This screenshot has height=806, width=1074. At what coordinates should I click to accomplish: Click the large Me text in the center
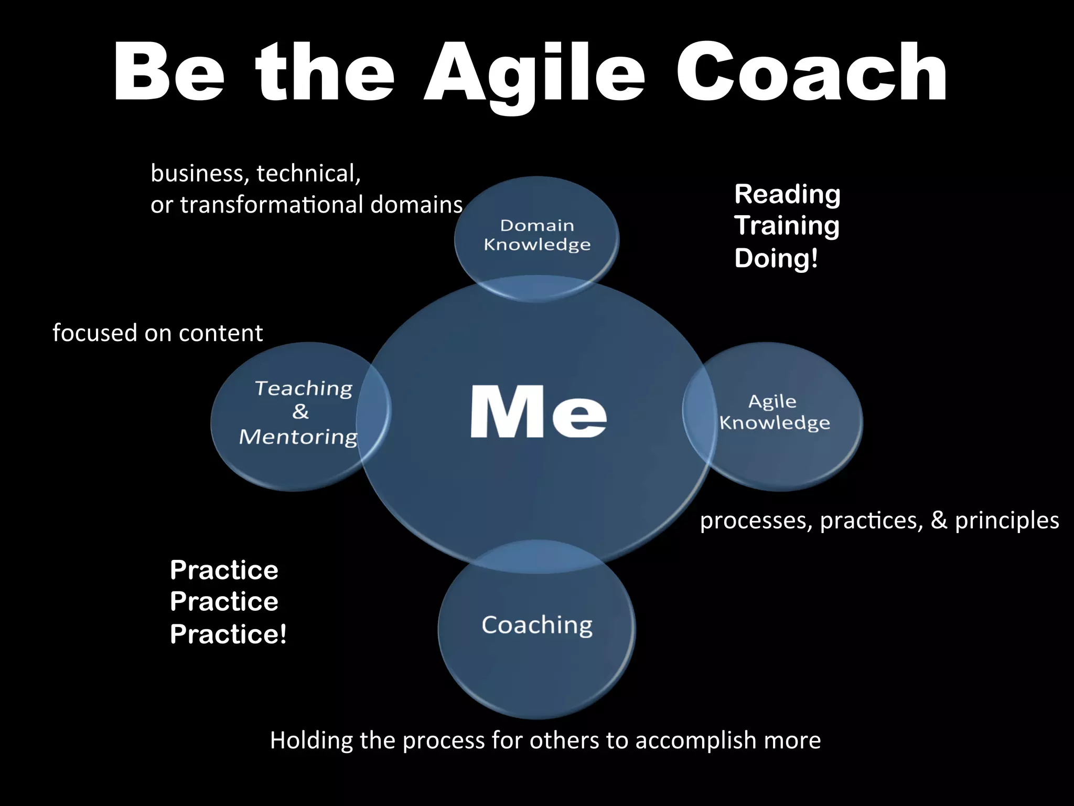[x=538, y=411]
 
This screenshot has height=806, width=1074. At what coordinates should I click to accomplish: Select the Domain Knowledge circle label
[x=537, y=235]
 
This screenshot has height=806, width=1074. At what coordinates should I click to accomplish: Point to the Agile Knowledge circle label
[x=774, y=412]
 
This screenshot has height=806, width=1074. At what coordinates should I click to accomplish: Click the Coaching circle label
[x=537, y=625]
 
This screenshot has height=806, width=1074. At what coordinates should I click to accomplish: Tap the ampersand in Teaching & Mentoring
[x=300, y=411]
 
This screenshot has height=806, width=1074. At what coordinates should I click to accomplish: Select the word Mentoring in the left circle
[x=298, y=437]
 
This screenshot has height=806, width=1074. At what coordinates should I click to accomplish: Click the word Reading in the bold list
[x=787, y=194]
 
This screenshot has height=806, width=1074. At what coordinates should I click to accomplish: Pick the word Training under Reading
[x=787, y=226]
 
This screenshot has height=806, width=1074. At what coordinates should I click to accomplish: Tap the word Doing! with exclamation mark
[x=776, y=258]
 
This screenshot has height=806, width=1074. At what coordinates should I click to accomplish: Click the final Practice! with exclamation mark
[x=228, y=634]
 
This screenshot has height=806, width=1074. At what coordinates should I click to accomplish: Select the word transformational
[x=272, y=205]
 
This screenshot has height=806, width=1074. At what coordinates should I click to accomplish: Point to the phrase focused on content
[x=157, y=333]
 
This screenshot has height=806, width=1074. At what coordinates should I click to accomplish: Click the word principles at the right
[x=1006, y=521]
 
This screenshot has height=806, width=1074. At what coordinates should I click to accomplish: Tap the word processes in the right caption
[x=756, y=521]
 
